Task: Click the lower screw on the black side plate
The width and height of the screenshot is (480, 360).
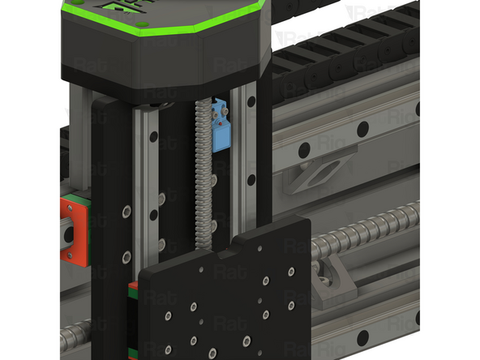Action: (x=126, y=257)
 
